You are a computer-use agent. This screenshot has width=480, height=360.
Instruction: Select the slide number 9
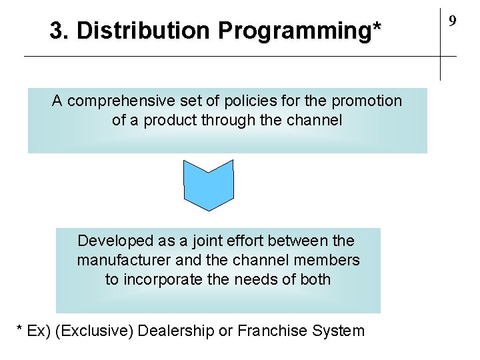point(452,21)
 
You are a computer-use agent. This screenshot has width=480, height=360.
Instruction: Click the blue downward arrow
point(209,185)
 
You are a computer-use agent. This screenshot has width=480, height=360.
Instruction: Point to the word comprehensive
point(117,101)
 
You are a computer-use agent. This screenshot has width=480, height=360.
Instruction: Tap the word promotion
point(367,101)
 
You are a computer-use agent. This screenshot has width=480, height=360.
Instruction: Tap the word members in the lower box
point(327,260)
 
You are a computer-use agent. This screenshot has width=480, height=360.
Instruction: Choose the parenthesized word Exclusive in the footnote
point(94,331)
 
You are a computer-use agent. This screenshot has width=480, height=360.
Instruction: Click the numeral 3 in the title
point(57,30)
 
